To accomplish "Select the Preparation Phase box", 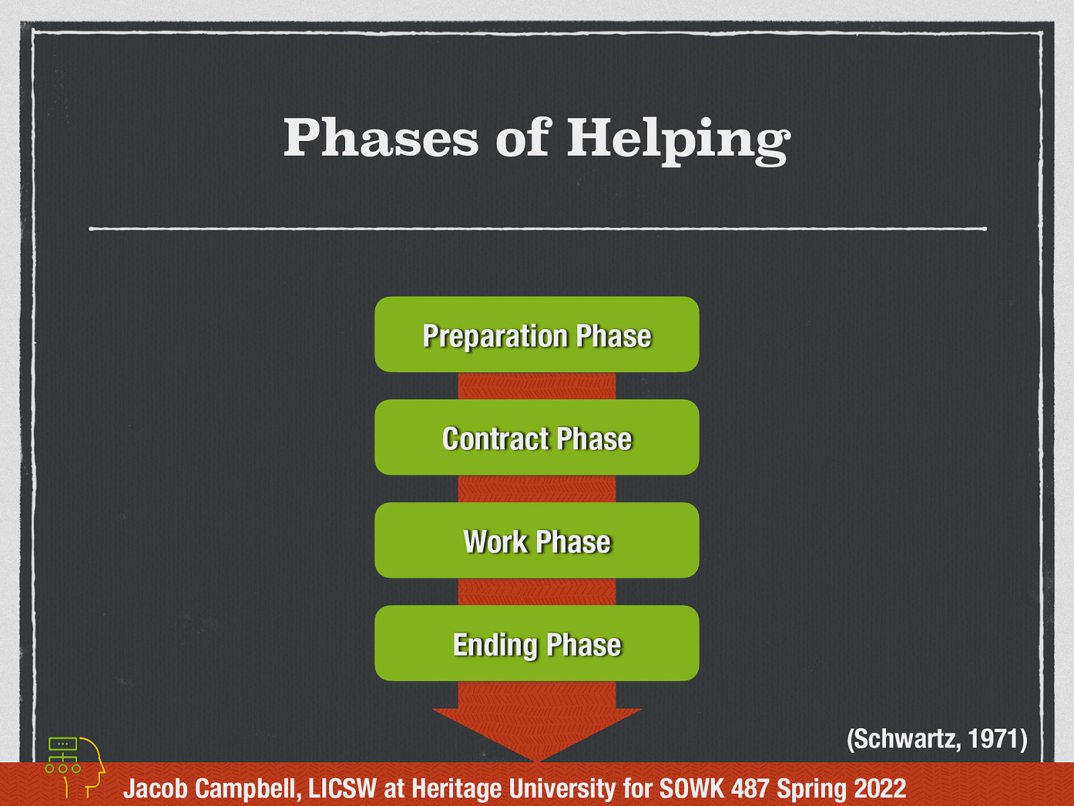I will (536, 334).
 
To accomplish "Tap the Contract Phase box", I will (536, 438).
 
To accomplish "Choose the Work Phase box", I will (536, 541).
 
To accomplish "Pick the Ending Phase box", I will (536, 643).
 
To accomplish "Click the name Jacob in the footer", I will (154, 788).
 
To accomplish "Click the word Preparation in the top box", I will (495, 336).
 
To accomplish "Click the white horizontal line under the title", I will (537, 229).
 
